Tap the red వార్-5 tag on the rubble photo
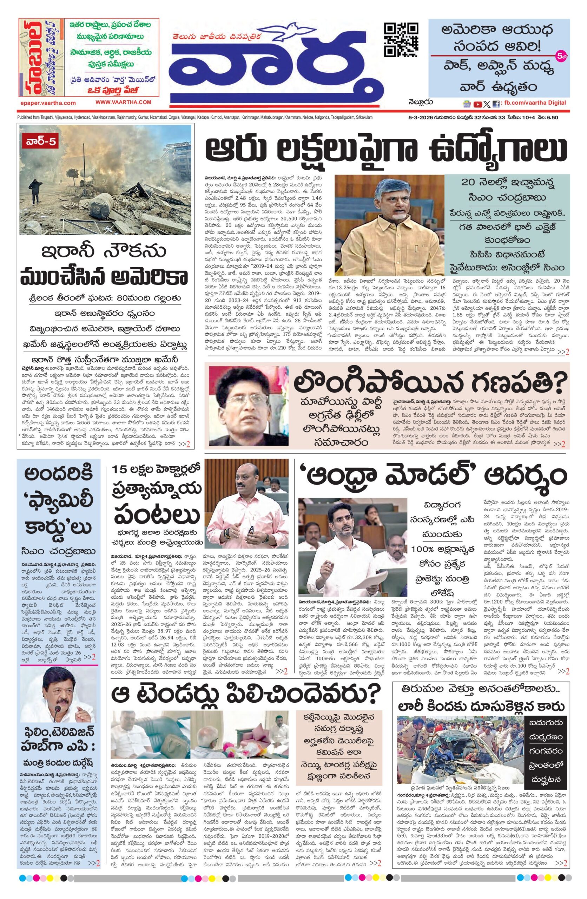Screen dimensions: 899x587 (x=39, y=143)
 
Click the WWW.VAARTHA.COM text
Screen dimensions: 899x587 (x=123, y=102)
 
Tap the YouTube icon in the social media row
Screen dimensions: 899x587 (x=478, y=104)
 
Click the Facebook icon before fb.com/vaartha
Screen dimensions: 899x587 (x=496, y=104)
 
